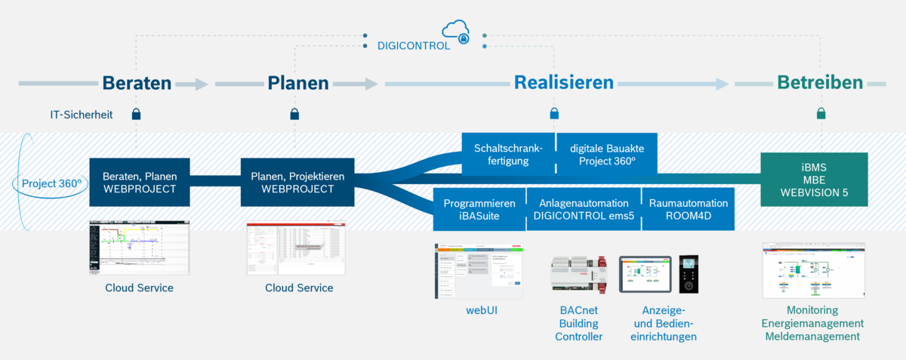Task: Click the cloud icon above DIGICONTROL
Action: click(x=458, y=31)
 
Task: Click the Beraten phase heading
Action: click(x=137, y=83)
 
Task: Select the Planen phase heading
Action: click(x=297, y=83)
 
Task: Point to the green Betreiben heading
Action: click(x=820, y=83)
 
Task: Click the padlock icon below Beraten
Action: click(x=137, y=115)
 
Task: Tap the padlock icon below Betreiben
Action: click(x=821, y=115)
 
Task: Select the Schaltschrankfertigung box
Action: click(x=507, y=153)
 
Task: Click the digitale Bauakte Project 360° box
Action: click(x=606, y=153)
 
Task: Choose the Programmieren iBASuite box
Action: click(x=479, y=209)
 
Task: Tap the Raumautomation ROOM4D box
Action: click(x=687, y=209)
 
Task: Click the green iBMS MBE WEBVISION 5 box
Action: click(x=814, y=179)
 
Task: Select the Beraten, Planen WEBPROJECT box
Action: click(x=138, y=182)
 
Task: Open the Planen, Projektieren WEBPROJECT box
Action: click(x=297, y=182)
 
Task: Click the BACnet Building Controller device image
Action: click(x=578, y=275)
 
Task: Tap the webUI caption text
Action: click(x=481, y=310)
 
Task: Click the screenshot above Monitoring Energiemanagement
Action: click(x=813, y=270)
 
